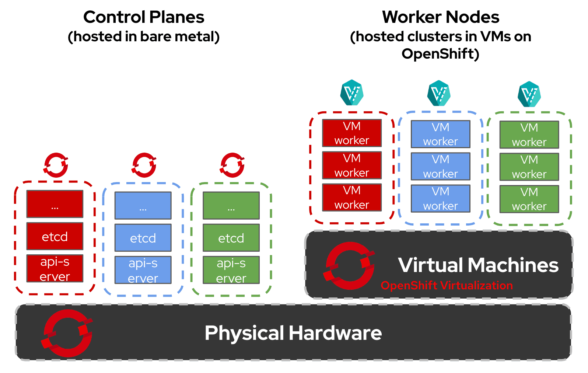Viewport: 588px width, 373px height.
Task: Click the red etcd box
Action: pyautogui.click(x=55, y=236)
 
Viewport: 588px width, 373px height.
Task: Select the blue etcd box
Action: pyautogui.click(x=143, y=238)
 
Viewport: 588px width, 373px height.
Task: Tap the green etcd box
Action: pyautogui.click(x=231, y=238)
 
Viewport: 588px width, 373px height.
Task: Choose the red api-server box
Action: pyautogui.click(x=55, y=268)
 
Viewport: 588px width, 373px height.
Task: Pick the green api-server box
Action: pyautogui.click(x=231, y=270)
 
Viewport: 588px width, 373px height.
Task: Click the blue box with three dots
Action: pyautogui.click(x=143, y=206)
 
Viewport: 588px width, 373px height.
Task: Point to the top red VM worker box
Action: pyautogui.click(x=352, y=133)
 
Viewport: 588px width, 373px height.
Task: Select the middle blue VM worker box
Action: pyautogui.click(x=441, y=166)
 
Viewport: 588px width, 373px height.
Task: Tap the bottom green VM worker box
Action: pyautogui.click(x=529, y=199)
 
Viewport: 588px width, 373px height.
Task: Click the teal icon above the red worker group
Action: pyautogui.click(x=352, y=93)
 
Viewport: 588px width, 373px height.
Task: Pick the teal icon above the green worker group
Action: pyautogui.click(x=529, y=94)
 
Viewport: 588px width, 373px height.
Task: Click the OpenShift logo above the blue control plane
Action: pyautogui.click(x=144, y=165)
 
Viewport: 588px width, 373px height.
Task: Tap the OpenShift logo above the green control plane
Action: pyautogui.click(x=232, y=165)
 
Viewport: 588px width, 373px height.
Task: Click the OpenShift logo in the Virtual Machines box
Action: pyautogui.click(x=350, y=265)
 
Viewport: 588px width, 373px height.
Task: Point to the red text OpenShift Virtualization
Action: pyautogui.click(x=447, y=285)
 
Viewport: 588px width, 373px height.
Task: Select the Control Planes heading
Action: pyautogui.click(x=144, y=17)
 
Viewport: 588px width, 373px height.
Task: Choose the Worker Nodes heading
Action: pyautogui.click(x=441, y=17)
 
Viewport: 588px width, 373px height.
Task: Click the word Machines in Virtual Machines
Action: pyautogui.click(x=514, y=265)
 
